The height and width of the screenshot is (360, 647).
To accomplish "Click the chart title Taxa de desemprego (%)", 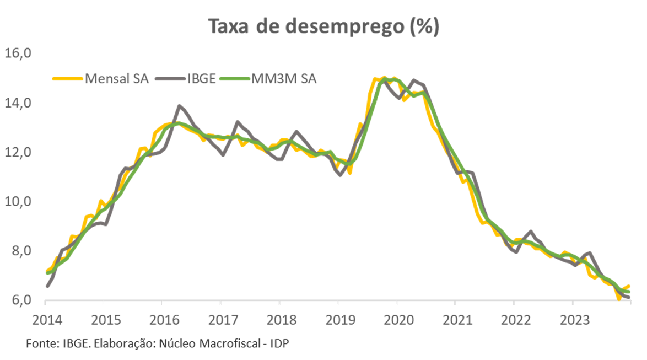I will click(323, 26).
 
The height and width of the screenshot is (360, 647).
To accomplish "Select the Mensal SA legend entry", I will click(117, 78).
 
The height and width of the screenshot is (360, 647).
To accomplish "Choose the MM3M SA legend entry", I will click(284, 78).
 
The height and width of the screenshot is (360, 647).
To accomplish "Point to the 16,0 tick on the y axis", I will click(20, 53).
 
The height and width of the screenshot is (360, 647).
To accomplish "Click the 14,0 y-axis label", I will click(20, 103).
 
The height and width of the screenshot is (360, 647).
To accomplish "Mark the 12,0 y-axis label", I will click(20, 152).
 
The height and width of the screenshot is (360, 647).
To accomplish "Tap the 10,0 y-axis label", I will click(20, 202).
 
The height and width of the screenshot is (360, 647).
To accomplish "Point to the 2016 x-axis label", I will click(162, 320).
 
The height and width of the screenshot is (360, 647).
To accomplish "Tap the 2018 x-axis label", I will click(279, 320).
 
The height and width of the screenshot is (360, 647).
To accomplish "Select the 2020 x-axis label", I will click(396, 320).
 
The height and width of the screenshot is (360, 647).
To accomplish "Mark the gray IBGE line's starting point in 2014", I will click(47, 286).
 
